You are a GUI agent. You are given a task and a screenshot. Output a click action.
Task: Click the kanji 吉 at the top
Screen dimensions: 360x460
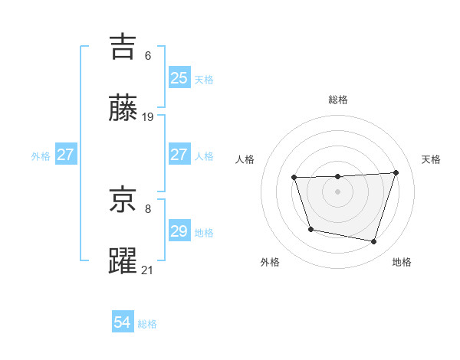(123, 47)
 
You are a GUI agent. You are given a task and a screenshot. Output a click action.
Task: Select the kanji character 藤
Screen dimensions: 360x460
(123, 109)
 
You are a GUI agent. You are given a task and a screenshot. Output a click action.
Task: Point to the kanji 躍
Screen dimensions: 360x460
(123, 261)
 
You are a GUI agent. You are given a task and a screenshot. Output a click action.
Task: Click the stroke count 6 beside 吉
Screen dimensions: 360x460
(148, 56)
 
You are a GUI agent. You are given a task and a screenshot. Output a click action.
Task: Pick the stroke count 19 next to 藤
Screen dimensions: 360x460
(149, 117)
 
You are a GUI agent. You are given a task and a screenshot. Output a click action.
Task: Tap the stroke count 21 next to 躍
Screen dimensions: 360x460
(148, 270)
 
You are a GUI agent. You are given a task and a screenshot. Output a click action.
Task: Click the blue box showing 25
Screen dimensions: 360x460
(179, 77)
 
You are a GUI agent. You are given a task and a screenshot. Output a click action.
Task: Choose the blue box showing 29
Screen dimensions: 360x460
(179, 231)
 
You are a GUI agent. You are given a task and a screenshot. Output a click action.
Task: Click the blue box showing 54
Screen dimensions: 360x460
(123, 322)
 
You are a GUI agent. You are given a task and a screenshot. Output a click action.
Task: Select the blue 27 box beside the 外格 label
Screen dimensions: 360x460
(66, 155)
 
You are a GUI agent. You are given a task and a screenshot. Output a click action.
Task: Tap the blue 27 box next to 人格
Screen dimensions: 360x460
(179, 155)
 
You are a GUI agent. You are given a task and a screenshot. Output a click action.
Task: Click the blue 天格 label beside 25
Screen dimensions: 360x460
(204, 79)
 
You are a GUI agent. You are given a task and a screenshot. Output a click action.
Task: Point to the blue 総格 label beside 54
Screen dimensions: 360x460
(147, 324)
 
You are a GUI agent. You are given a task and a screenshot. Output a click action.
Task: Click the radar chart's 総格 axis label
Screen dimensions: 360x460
(338, 100)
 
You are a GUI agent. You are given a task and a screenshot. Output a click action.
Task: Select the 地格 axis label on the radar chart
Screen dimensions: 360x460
(402, 262)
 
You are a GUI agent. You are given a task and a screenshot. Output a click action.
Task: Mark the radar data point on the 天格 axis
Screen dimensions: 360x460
(396, 172)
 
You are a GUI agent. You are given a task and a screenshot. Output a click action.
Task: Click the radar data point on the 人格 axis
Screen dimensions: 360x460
(294, 178)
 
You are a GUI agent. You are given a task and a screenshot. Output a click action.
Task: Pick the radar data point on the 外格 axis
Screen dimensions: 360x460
(310, 229)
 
